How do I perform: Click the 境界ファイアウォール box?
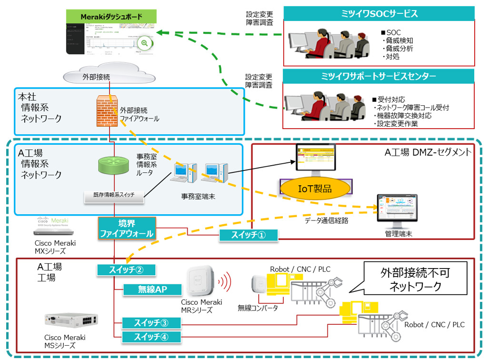(126, 228)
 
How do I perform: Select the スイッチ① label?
(249, 235)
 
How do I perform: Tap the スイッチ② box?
(126, 270)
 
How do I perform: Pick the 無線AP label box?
(152, 289)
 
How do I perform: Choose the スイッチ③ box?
(151, 323)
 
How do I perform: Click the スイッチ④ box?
(151, 337)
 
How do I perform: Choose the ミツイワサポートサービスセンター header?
(379, 76)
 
